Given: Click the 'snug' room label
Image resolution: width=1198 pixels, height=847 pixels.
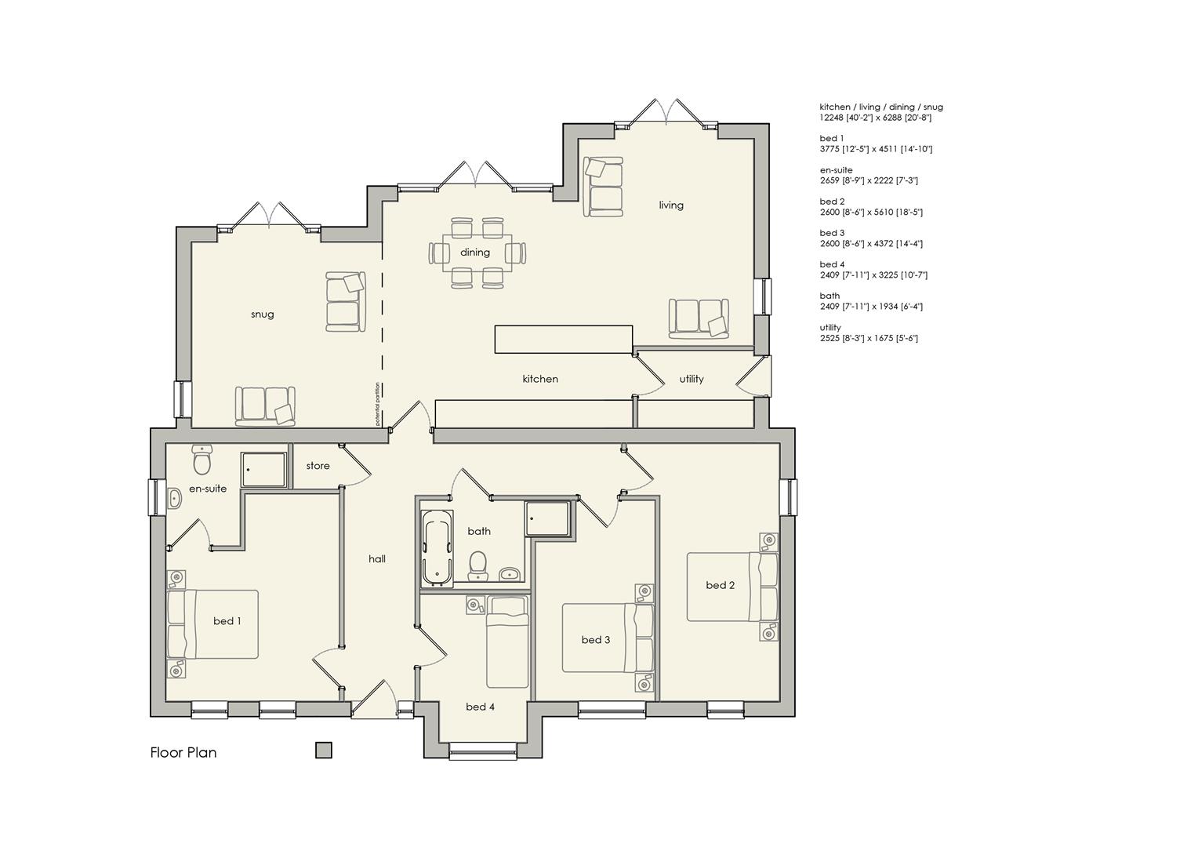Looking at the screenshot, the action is pyautogui.click(x=262, y=314).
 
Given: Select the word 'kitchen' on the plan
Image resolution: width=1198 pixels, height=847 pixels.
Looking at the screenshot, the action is pyautogui.click(x=540, y=379).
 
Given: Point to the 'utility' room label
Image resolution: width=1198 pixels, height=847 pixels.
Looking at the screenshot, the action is pyautogui.click(x=692, y=379).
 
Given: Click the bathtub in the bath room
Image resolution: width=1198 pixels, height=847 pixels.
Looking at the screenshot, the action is pyautogui.click(x=437, y=547).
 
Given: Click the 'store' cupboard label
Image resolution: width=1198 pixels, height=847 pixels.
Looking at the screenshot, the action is pyautogui.click(x=318, y=466).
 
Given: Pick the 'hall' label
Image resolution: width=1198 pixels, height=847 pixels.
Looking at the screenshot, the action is pyautogui.click(x=377, y=558).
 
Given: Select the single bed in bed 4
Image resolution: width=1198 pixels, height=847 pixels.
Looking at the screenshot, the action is pyautogui.click(x=507, y=642).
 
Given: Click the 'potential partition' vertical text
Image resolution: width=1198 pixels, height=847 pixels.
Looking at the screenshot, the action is pyautogui.click(x=377, y=403).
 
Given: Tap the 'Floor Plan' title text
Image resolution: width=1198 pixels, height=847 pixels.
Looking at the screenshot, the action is pyautogui.click(x=183, y=752).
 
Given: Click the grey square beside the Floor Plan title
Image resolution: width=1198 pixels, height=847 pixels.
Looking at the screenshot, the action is pyautogui.click(x=324, y=751).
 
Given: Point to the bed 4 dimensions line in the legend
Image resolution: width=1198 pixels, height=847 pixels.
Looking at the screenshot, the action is pyautogui.click(x=873, y=275).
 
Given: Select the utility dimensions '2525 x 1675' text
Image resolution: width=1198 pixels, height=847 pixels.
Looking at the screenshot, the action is pyautogui.click(x=869, y=338).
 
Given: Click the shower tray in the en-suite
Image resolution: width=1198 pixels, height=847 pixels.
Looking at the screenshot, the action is pyautogui.click(x=263, y=469).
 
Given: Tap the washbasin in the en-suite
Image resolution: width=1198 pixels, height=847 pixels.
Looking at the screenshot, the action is pyautogui.click(x=174, y=498).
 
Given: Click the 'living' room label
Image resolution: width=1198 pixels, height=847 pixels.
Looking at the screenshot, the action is pyautogui.click(x=671, y=205).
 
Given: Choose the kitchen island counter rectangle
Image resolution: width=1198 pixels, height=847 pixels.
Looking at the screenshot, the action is pyautogui.click(x=564, y=340).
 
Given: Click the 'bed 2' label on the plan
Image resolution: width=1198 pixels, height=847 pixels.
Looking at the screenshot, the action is pyautogui.click(x=720, y=585).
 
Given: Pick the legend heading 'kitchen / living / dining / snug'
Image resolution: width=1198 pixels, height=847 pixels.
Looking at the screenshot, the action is pyautogui.click(x=881, y=107).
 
